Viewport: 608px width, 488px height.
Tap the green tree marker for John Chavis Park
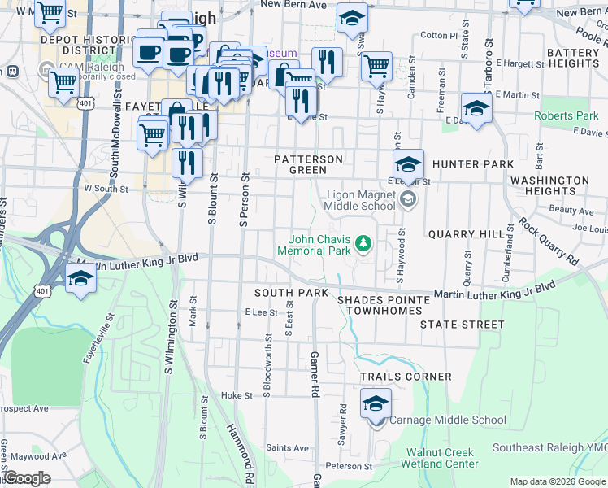[x=365, y=242]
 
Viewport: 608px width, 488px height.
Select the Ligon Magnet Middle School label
[x=361, y=200]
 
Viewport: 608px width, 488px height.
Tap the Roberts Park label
[x=566, y=116]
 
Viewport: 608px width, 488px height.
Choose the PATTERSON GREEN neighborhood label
[x=308, y=164]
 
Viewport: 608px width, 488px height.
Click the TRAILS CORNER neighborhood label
[x=406, y=377]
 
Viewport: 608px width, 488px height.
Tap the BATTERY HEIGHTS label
[x=573, y=58]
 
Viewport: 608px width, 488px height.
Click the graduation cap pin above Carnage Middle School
[x=376, y=403]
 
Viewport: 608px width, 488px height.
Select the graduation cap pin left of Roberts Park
[x=476, y=108]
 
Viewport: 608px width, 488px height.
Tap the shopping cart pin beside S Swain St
[x=376, y=66]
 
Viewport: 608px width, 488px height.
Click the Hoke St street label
[x=237, y=395]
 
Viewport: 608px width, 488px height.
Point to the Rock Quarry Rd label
[x=548, y=243]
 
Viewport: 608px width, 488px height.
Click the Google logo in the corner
[x=26, y=478]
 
